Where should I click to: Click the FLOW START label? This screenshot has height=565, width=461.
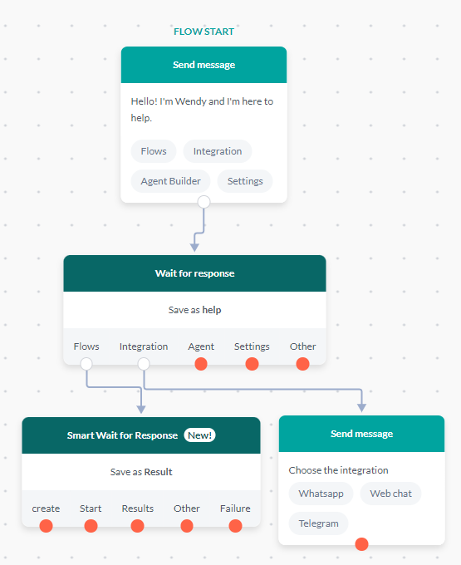[204, 32]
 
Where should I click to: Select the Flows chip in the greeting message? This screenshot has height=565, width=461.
[154, 151]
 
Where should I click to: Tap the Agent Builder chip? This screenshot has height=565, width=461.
[170, 181]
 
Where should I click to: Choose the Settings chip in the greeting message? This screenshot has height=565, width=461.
[245, 181]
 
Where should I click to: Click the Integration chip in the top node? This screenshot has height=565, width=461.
[218, 151]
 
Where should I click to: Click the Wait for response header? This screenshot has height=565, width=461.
[194, 273]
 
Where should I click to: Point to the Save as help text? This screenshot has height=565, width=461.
[194, 310]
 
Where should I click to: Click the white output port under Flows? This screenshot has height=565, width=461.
[86, 364]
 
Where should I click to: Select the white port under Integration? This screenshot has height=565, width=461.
[144, 364]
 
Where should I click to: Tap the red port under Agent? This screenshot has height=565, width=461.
[201, 364]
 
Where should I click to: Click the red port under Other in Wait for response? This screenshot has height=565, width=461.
[302, 364]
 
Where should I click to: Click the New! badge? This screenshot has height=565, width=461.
[199, 435]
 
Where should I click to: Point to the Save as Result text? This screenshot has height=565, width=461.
[140, 472]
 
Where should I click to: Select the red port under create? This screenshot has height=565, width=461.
[46, 525]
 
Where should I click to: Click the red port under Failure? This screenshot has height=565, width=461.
[235, 525]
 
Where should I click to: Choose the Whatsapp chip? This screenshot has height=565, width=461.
[321, 494]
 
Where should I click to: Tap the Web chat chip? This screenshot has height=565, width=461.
[390, 494]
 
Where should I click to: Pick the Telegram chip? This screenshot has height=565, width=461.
[318, 523]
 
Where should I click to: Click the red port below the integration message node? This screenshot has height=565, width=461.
[361, 544]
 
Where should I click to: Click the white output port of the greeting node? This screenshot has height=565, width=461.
[204, 202]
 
